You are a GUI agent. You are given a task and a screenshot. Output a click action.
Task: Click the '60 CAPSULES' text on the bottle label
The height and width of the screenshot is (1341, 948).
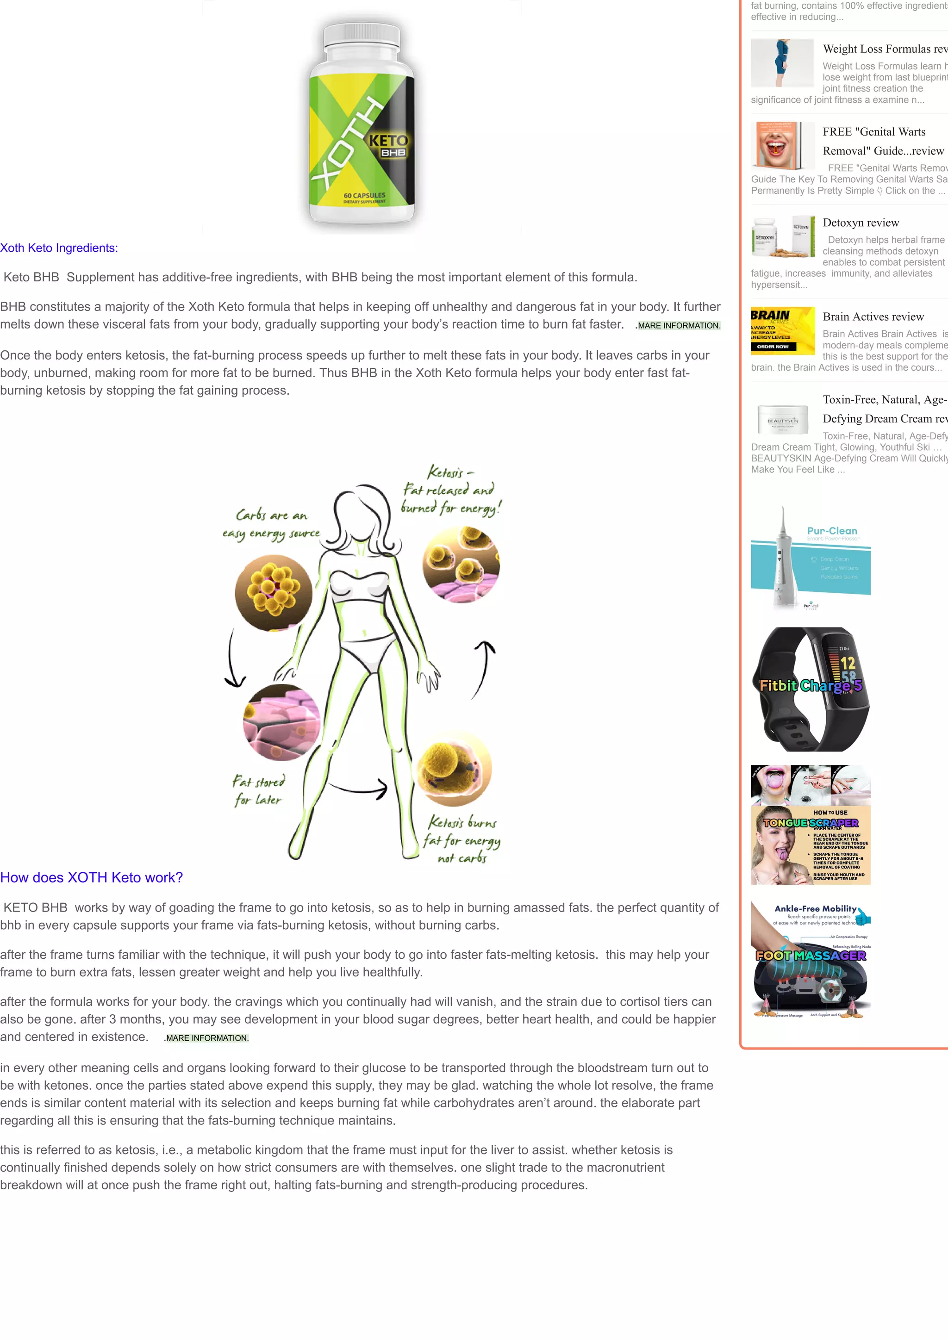coord(364,195)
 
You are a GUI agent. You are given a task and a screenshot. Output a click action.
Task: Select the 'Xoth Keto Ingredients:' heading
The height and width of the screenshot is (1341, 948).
coord(59,248)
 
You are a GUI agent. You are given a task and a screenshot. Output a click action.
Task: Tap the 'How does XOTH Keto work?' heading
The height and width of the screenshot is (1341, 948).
coord(92,877)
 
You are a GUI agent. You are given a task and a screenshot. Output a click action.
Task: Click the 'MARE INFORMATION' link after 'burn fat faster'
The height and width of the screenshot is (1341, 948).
coord(678,325)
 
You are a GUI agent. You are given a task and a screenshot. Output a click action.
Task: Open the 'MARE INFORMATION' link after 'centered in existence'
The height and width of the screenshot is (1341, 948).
coord(207,1037)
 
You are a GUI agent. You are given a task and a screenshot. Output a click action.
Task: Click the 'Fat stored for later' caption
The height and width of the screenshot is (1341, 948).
coord(259,790)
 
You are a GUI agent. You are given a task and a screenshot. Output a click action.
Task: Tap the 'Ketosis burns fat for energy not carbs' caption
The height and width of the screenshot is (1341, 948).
coord(462,839)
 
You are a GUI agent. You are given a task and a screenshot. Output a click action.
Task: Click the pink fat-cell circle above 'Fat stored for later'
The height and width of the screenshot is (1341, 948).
coord(281,722)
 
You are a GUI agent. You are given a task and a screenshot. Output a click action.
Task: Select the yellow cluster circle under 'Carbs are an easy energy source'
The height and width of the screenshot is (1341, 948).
coord(274,592)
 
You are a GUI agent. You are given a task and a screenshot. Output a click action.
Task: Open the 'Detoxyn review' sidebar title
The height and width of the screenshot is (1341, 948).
coord(861,223)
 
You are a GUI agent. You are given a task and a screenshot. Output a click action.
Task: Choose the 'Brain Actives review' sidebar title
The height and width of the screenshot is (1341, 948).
coord(873,317)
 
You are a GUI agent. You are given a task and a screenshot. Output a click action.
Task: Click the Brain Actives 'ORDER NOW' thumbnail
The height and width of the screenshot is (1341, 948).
coord(782,330)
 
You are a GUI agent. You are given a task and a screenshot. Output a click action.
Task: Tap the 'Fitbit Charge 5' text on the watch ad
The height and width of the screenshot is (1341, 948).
coord(810,686)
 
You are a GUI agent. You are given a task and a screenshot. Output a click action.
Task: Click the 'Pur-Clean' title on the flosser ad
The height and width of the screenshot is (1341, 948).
coord(832,531)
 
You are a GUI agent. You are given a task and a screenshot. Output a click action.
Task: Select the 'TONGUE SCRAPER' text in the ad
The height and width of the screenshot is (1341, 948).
coord(810,823)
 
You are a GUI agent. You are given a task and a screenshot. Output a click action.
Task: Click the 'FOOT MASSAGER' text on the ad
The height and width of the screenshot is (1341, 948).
coord(810,956)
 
